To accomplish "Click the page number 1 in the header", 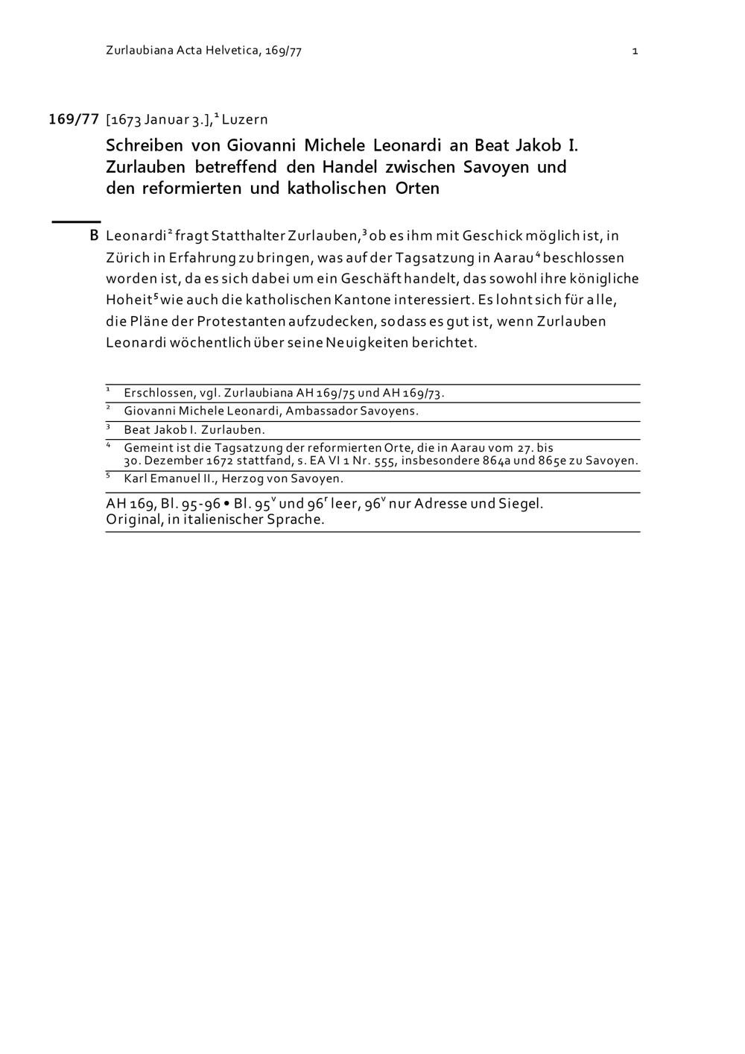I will (635, 51).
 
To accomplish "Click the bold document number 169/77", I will (74, 119).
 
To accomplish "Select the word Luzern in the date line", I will (244, 119).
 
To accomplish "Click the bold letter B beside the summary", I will (94, 236).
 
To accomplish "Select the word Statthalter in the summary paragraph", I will (249, 236).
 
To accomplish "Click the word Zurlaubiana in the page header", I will (139, 51).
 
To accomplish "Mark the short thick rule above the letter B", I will (75, 221).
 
